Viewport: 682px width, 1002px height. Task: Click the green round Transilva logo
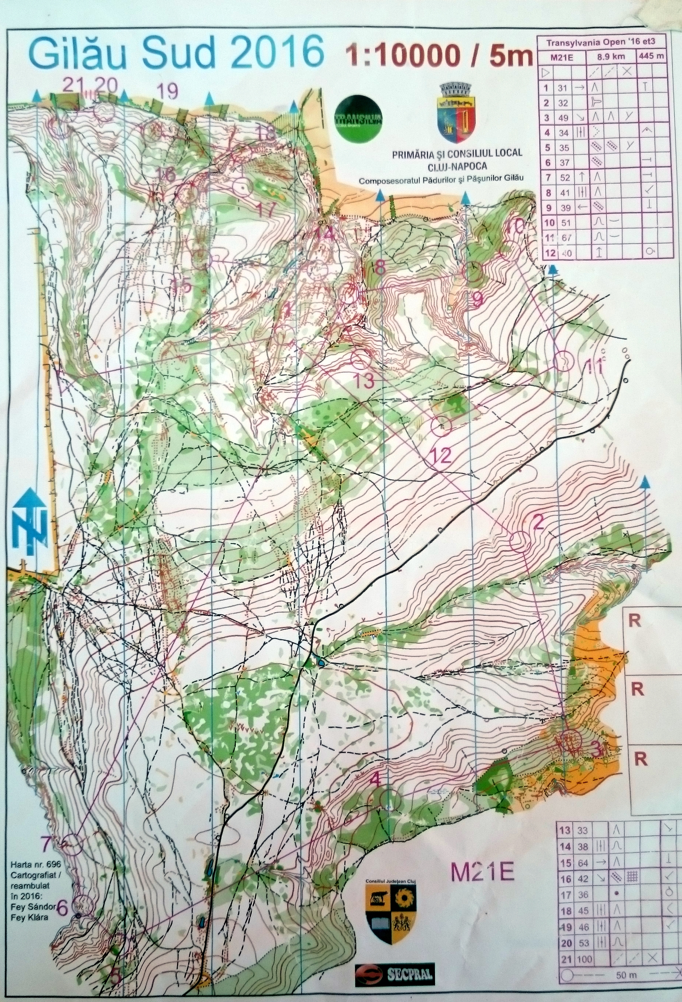[x=359, y=119]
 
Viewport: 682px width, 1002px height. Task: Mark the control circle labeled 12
[x=441, y=426]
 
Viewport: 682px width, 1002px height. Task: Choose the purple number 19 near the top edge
[x=167, y=91]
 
